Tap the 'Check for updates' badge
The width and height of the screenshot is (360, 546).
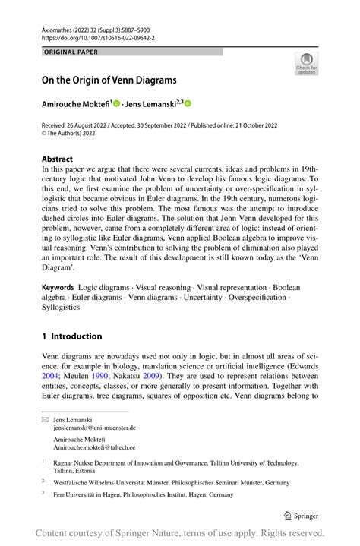coord(306,64)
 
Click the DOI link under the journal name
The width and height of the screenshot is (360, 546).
coord(89,36)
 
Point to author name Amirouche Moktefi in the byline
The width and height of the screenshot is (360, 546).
coord(75,103)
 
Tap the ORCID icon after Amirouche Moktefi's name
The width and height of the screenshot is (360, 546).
coord(118,103)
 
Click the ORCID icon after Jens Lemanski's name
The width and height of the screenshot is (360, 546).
coord(188,103)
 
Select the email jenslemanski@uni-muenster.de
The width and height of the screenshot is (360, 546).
coord(94,428)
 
